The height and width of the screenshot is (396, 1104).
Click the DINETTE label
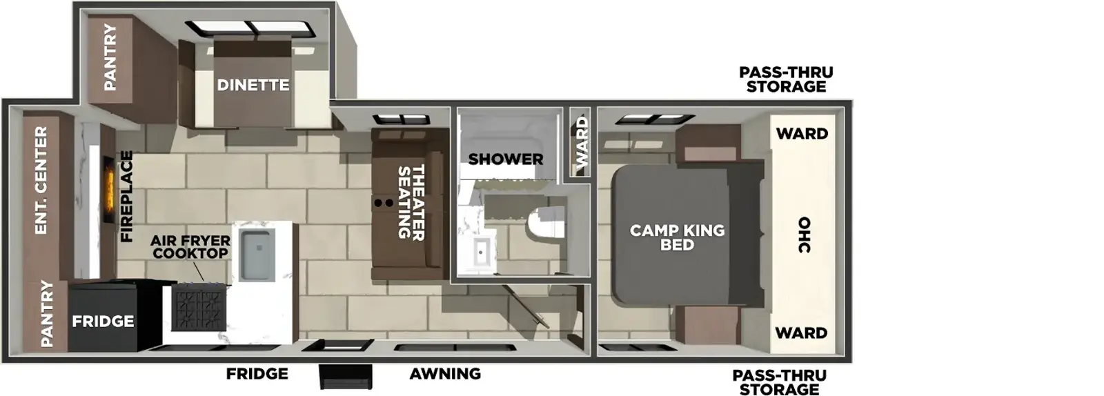[253, 85]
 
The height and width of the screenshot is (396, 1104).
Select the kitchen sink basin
[257, 254]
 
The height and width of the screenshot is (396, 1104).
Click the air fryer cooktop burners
[199, 308]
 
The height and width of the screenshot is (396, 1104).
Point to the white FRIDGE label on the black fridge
[103, 321]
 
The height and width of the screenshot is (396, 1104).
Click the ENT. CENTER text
[41, 180]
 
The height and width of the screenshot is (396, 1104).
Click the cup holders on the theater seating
[384, 203]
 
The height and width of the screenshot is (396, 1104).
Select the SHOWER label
[506, 159]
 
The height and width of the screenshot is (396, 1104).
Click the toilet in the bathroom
[544, 223]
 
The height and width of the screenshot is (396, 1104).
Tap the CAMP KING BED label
[677, 237]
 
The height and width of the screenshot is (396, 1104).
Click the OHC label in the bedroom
[804, 235]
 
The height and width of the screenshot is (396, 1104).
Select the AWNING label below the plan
[445, 374]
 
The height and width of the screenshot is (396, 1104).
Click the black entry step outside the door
[346, 377]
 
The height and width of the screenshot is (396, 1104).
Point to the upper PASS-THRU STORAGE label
[786, 79]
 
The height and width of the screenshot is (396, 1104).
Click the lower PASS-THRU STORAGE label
[779, 382]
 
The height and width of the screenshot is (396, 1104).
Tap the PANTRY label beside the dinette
[110, 57]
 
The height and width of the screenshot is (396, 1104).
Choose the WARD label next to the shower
[582, 143]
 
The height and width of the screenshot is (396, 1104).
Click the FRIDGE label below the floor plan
[257, 374]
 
